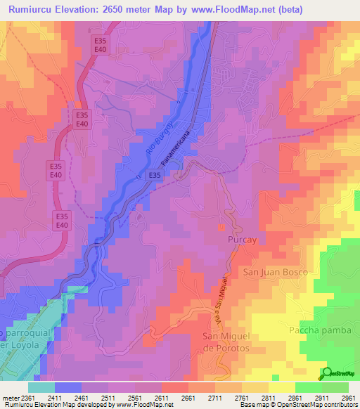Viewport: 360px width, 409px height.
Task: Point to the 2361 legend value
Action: point(29,398)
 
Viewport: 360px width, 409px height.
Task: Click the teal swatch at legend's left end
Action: point(41,387)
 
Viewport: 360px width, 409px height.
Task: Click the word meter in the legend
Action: point(11,398)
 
